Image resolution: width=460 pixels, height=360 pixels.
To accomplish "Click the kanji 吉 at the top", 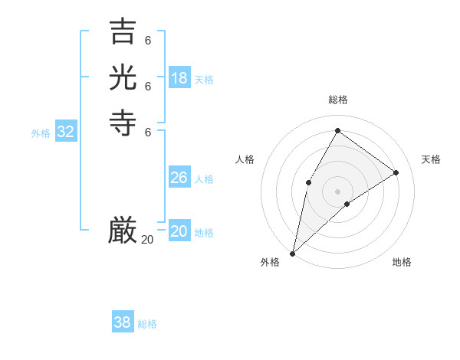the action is click(123, 32).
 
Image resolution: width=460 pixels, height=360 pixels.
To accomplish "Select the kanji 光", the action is click(123, 77).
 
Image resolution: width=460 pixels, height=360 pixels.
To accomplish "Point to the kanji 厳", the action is click(123, 230).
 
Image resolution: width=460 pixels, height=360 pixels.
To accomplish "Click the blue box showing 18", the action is click(179, 78).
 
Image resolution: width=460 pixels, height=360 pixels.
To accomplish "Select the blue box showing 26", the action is click(179, 178).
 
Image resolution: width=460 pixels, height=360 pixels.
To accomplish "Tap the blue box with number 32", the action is click(66, 132).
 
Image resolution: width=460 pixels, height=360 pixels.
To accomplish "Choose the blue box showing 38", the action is click(123, 322).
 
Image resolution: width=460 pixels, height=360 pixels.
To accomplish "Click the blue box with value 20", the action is click(179, 231).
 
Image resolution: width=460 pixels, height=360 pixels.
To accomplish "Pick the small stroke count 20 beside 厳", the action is click(147, 240).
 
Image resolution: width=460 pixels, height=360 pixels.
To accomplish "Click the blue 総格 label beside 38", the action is click(147, 324).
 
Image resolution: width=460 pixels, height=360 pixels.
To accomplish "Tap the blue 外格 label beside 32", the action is click(41, 133).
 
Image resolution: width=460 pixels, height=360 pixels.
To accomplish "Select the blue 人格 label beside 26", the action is click(204, 179).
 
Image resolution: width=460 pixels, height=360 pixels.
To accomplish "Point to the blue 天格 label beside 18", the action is click(204, 80).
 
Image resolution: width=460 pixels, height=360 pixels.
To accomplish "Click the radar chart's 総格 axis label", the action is click(337, 100).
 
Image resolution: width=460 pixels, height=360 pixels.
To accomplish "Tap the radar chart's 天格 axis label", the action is click(431, 159).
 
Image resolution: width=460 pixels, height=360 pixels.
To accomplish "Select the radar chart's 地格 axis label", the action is click(402, 262).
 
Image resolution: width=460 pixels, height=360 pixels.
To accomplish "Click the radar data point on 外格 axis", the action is click(292, 254).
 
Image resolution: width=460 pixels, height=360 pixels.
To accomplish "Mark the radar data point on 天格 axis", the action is click(396, 172).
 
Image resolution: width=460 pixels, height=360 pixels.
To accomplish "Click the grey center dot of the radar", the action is click(337, 191).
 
